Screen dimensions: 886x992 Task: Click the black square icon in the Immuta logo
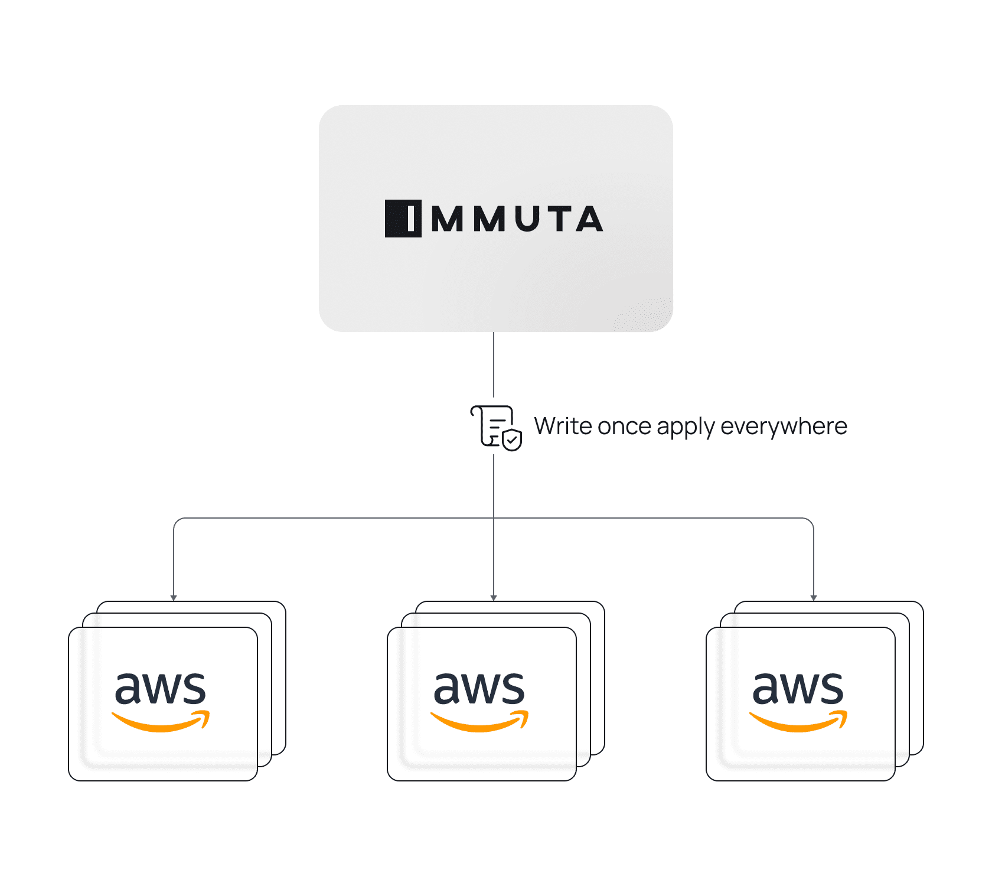pos(403,219)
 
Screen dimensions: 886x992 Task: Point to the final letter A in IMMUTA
pos(589,219)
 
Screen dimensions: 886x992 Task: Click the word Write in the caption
pos(563,426)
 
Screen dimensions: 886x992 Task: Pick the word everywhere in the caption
pos(784,426)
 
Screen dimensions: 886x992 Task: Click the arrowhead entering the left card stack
pos(174,598)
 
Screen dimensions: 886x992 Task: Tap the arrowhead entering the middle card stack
pos(494,598)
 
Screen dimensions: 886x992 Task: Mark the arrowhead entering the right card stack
pos(814,598)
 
